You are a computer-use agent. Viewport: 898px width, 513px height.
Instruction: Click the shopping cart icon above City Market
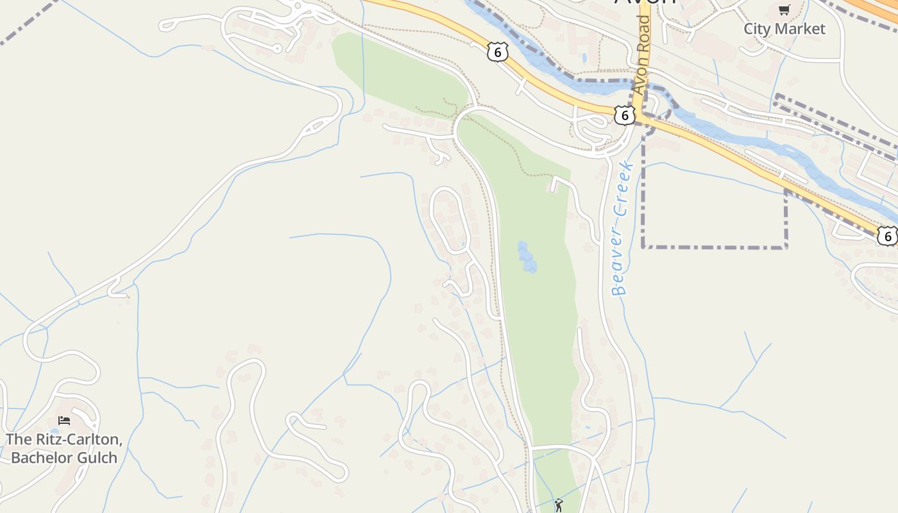pos(784,9)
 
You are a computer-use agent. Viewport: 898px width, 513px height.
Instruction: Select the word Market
pos(801,29)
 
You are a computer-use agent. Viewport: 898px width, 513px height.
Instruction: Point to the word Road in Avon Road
pos(643,31)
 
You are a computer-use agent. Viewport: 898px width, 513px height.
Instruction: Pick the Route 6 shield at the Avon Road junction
pos(625,115)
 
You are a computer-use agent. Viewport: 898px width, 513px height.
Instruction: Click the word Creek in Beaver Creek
pos(625,186)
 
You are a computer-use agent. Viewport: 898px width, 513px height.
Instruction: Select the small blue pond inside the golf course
pos(527,257)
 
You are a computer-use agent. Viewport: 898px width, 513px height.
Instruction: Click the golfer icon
pos(559,505)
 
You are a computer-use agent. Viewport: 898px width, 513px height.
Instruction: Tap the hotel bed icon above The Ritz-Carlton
pos(64,421)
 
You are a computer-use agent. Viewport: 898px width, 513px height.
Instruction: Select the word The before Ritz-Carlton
pos(17,440)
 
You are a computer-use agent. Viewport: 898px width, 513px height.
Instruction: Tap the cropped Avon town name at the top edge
pos(645,3)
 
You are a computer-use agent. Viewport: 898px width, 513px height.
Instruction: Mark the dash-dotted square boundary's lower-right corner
pos(786,246)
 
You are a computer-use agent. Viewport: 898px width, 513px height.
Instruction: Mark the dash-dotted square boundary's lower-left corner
pos(643,246)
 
